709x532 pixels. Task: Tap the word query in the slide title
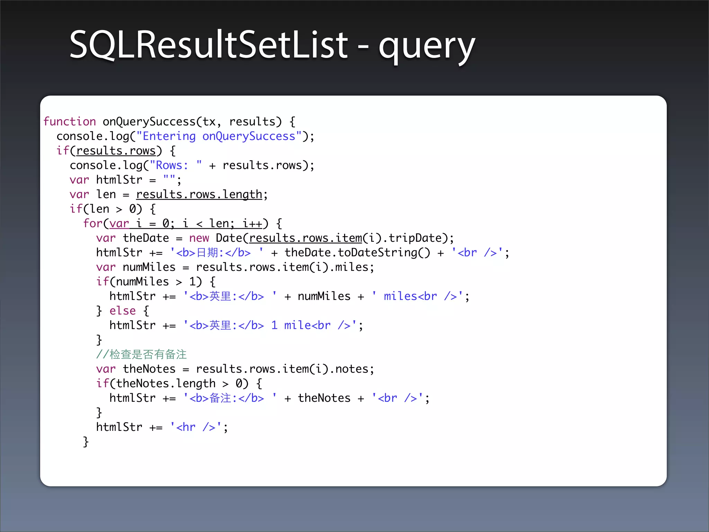click(x=427, y=47)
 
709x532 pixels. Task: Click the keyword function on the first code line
click(x=70, y=122)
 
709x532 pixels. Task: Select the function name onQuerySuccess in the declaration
click(x=149, y=122)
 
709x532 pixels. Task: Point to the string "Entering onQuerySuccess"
click(x=219, y=136)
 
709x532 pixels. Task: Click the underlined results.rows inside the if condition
click(x=116, y=151)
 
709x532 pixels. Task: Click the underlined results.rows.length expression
click(x=199, y=194)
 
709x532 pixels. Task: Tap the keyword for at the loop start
click(x=93, y=223)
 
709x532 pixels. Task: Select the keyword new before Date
click(x=199, y=238)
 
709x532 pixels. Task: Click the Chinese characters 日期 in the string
click(x=207, y=252)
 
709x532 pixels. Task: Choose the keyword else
click(x=123, y=311)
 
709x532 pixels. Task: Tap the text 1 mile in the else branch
click(x=291, y=325)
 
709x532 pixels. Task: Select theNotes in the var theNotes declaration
click(x=149, y=369)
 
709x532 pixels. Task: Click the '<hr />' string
click(x=196, y=427)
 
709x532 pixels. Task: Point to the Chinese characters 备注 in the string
click(x=220, y=398)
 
